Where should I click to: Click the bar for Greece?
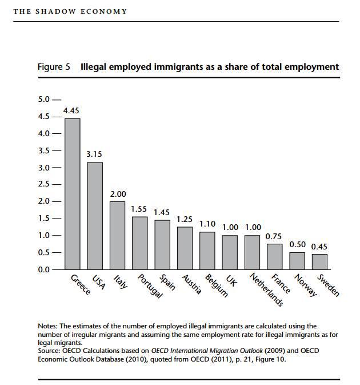(72, 193)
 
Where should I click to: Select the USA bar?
(95, 215)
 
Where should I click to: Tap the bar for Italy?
(117, 235)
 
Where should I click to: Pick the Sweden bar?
(319, 261)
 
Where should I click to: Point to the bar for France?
(275, 256)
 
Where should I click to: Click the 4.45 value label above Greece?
(71, 110)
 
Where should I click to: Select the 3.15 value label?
(94, 154)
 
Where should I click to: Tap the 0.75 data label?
(274, 236)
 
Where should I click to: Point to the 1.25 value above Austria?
(185, 219)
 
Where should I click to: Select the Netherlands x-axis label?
(267, 289)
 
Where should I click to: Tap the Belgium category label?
(217, 286)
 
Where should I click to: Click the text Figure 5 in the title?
(54, 67)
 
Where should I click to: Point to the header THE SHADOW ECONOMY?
(70, 11)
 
